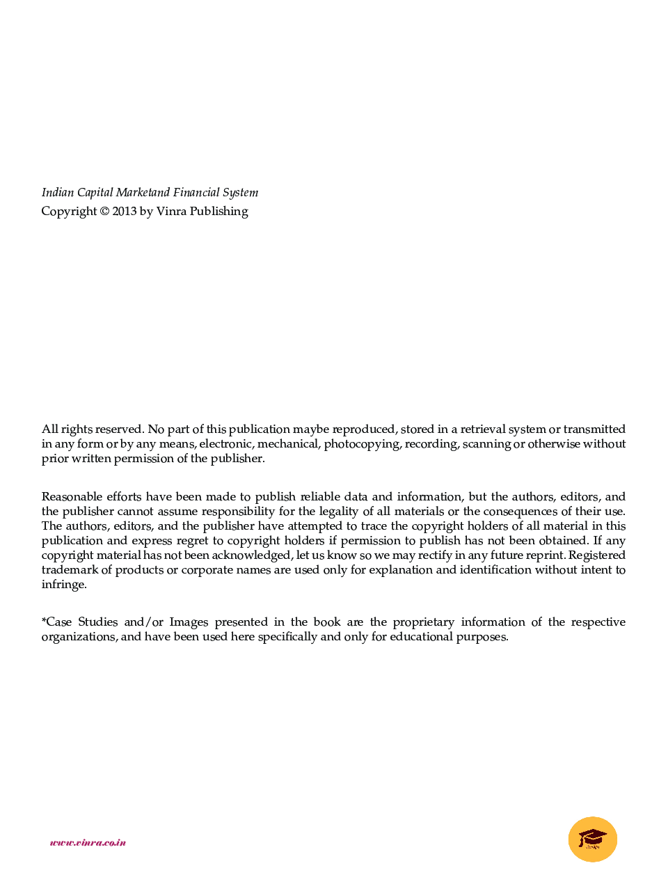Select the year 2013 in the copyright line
125,212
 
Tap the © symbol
104,212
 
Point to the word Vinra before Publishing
171,212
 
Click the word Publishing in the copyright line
218,212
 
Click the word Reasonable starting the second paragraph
72,497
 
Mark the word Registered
596,555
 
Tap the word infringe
63,585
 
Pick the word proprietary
423,622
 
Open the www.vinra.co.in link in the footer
88,843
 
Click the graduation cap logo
593,839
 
